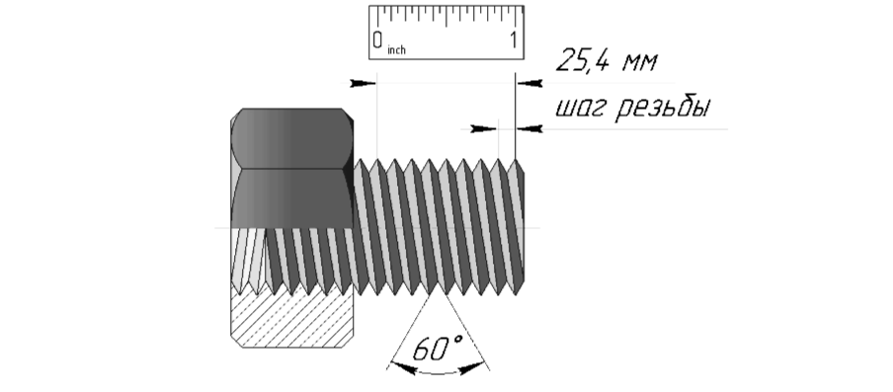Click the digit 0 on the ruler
377,39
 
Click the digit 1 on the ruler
514,39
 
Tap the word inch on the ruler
396,50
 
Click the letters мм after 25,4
640,61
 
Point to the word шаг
582,108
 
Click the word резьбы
664,107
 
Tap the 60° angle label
438,349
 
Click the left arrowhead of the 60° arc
403,368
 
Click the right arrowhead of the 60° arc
473,368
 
